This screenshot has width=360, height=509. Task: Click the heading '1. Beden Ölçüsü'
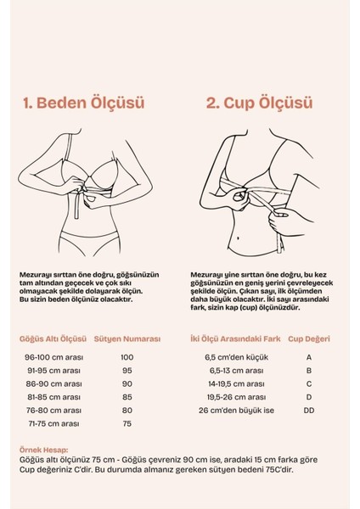point(84,103)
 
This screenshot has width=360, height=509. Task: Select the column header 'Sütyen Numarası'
point(127,338)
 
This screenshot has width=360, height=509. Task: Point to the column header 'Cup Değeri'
point(307,338)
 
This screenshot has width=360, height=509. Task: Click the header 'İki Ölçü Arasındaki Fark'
point(235,338)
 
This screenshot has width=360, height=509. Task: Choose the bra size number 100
point(127,357)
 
